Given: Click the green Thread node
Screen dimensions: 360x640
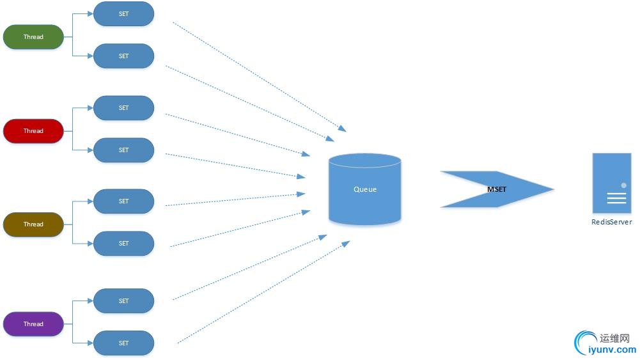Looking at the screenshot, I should pos(33,37).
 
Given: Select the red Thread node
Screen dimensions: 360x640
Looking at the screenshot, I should pos(33,131).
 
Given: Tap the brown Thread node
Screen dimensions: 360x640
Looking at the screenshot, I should pos(33,224).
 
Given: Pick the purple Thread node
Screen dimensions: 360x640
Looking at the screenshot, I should pos(33,324).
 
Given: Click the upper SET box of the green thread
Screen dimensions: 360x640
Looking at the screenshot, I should pos(123,14).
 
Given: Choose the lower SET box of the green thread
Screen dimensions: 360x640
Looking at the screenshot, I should pos(123,56).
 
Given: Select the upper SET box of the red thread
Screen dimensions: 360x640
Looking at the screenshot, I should pos(123,108).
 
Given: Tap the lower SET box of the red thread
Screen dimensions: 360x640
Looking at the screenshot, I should pos(123,150).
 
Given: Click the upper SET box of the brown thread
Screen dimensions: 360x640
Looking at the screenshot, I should pos(123,201).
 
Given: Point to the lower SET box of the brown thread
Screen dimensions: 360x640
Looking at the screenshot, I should pos(123,244).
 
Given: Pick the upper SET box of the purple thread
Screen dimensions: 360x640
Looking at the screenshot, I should pos(123,301).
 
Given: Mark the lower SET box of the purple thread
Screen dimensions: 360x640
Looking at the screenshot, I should pos(123,343).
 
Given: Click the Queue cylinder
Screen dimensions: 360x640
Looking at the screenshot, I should pos(365,189).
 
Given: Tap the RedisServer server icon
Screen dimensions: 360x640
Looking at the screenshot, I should pos(611,184).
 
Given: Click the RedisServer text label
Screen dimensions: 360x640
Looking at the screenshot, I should pos(611,223).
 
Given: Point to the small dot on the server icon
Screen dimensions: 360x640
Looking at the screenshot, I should pos(623,185).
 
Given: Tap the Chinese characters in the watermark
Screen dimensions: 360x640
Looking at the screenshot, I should pos(616,338).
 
